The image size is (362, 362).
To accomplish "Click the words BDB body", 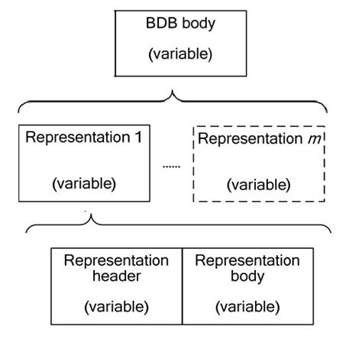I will [180, 23].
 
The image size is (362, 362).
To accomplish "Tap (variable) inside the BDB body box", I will [180, 55].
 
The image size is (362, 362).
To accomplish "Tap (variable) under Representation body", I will [247, 306].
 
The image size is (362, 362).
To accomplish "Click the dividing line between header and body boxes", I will [182, 285].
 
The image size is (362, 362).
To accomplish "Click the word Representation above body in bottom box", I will [247, 260].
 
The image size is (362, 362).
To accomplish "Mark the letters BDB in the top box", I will [160, 23].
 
